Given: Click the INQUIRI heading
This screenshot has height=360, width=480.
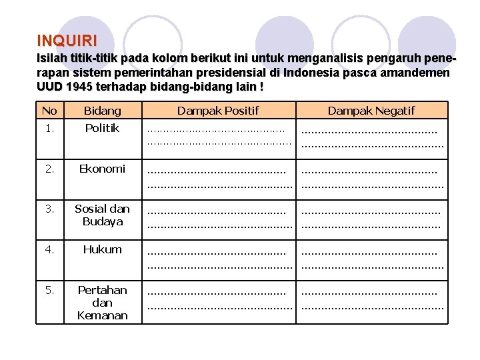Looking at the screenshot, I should (x=67, y=40).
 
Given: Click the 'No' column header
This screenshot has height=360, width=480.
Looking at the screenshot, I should (x=49, y=111).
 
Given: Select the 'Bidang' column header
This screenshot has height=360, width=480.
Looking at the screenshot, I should (x=103, y=111).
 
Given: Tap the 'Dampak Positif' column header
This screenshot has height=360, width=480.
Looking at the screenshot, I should (x=218, y=111).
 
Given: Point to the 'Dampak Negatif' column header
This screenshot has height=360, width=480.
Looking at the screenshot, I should (x=371, y=111).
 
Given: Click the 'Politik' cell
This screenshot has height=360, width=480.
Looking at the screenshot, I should (x=103, y=128).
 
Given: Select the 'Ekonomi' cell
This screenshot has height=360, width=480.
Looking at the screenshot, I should (x=103, y=169).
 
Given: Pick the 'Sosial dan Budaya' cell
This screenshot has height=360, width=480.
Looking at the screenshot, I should (x=103, y=215).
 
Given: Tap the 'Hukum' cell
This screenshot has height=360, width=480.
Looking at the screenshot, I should (x=103, y=249).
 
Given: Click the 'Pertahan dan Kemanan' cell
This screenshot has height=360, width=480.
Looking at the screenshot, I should (x=103, y=303).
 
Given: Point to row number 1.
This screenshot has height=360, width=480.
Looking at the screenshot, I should (x=49, y=128).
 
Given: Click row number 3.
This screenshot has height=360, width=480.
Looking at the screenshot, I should (x=49, y=209).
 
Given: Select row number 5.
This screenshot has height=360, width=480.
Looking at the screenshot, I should (x=49, y=290).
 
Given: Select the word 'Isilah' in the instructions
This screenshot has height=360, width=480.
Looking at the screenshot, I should (x=52, y=58).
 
